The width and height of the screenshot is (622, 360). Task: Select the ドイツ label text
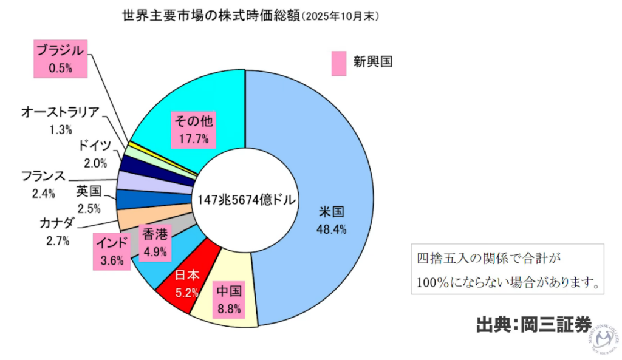coord(95,146)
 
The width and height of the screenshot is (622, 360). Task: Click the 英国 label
coord(89,192)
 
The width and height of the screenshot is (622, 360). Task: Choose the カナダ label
coord(57,221)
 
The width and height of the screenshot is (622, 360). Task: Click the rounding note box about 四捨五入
coord(507,270)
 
